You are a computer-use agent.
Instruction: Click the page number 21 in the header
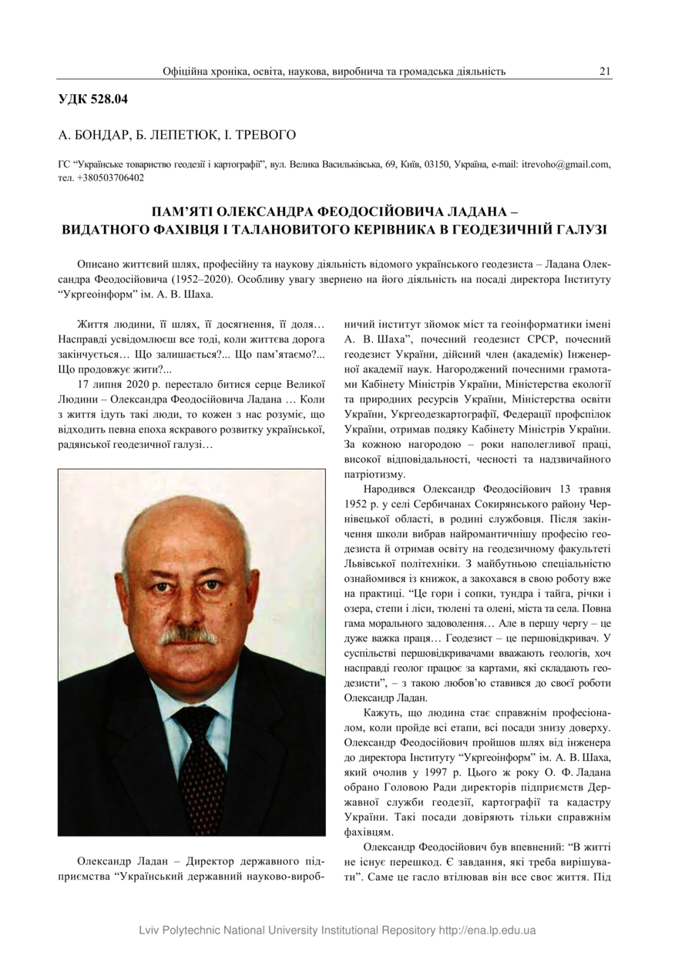[x=605, y=72]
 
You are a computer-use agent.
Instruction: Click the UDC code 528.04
[x=110, y=99]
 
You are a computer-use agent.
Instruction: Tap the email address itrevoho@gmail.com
[x=566, y=164]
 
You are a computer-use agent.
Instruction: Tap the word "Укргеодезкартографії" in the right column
[x=425, y=414]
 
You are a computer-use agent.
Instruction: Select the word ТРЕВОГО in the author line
[x=267, y=135]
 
